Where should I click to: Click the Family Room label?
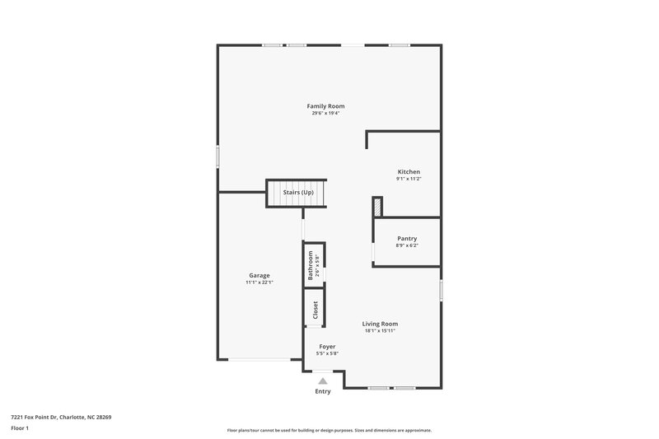click(x=325, y=106)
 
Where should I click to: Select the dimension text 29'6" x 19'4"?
click(x=325, y=114)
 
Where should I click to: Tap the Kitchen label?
click(x=409, y=171)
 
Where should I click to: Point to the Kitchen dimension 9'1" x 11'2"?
click(x=409, y=179)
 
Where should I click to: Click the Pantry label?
click(x=407, y=238)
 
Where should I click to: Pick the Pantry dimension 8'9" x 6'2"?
click(x=407, y=245)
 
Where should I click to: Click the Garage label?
click(x=259, y=275)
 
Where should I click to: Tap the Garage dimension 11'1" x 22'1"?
click(x=259, y=283)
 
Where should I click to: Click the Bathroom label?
click(x=311, y=266)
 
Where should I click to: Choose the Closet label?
click(x=315, y=309)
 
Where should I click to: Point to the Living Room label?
click(x=380, y=324)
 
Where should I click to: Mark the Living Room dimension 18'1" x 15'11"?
click(x=380, y=331)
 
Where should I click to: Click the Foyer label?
click(x=327, y=346)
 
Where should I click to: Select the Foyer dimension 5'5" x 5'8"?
click(x=327, y=353)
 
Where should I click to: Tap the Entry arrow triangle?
click(x=323, y=381)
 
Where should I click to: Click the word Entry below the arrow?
click(x=323, y=391)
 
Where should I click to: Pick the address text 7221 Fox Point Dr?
click(x=37, y=417)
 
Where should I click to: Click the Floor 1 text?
click(x=20, y=428)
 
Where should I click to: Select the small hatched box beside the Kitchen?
click(x=377, y=206)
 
